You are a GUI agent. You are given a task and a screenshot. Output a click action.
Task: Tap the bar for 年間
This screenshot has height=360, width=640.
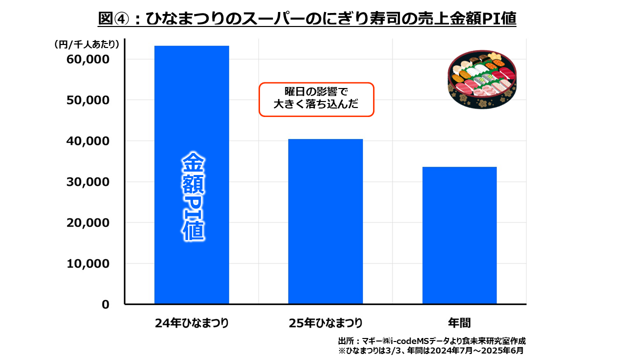459,235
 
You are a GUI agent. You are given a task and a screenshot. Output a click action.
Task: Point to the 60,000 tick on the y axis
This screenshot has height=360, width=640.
88,59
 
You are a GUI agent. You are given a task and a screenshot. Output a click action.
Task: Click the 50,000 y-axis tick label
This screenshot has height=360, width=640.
88,100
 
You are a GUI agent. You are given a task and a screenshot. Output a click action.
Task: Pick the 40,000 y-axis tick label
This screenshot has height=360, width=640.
88,141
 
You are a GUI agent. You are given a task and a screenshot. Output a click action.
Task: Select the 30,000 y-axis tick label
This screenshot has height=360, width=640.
88,182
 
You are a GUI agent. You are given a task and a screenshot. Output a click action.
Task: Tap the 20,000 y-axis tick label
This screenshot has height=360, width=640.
88,223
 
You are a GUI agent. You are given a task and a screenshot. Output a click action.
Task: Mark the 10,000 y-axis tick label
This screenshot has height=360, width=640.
88,263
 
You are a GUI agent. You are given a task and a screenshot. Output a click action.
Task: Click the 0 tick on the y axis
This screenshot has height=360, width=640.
105,304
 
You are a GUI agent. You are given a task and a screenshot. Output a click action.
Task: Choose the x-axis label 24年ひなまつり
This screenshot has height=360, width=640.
191,322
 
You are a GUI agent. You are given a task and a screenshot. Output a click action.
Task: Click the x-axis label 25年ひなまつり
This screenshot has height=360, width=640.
325,322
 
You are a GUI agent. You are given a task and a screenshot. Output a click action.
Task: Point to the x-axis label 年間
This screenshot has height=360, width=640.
459,322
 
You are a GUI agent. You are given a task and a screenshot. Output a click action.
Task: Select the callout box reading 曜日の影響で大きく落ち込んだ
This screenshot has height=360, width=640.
316,99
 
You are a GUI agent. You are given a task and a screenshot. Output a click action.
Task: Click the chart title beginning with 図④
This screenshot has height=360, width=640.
306,18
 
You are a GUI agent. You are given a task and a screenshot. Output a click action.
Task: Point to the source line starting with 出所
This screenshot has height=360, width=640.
432,340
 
